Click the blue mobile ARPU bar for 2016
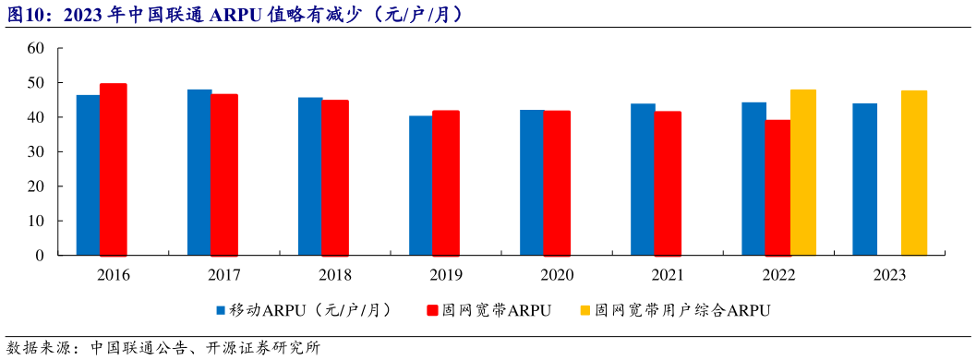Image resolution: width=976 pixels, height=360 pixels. point(88,174)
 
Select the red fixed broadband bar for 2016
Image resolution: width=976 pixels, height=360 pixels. point(113,169)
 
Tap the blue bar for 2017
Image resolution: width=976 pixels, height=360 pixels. point(199,172)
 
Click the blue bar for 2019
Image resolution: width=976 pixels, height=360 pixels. point(420,185)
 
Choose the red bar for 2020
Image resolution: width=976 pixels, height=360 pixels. point(557,183)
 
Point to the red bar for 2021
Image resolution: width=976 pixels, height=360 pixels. point(668,183)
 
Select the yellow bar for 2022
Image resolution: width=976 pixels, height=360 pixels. point(803,172)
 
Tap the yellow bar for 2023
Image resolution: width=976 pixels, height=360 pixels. point(914,173)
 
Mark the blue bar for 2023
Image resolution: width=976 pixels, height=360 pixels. point(864,179)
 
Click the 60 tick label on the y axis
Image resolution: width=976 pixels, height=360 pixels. point(36,48)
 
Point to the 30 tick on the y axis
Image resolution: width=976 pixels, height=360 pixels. point(36,151)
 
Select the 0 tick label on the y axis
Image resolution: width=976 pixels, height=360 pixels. point(41,255)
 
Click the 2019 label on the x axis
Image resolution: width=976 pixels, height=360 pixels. point(446,275)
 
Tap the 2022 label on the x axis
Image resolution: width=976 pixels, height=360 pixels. point(778,275)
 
